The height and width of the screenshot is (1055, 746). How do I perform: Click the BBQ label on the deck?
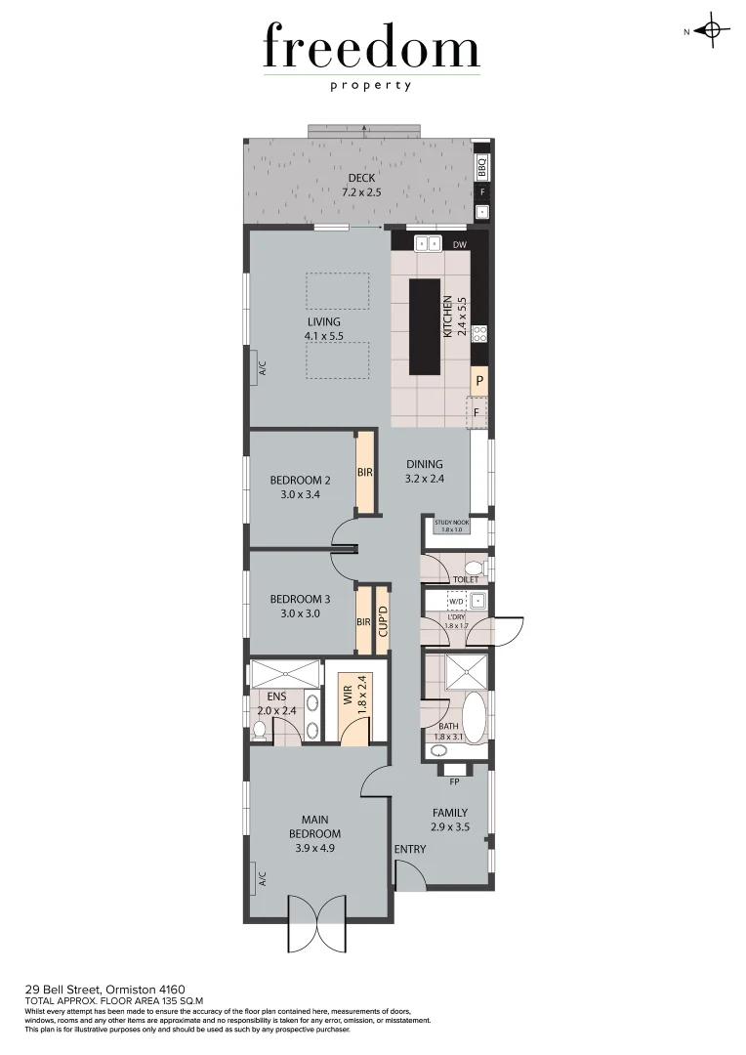click(481, 167)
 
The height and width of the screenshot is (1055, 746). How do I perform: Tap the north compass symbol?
click(711, 30)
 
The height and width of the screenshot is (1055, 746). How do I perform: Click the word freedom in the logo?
click(371, 49)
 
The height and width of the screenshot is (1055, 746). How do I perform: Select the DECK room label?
click(361, 178)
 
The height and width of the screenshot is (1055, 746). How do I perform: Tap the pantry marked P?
click(479, 381)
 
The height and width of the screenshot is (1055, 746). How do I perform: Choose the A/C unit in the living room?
click(262, 369)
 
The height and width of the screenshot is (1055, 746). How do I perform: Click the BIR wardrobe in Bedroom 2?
click(365, 473)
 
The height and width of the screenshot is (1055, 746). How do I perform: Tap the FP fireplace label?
click(454, 781)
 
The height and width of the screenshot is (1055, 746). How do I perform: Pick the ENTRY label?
click(410, 849)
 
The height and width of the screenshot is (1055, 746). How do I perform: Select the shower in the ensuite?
click(284, 674)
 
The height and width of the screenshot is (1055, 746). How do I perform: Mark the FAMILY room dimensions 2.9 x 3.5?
click(450, 827)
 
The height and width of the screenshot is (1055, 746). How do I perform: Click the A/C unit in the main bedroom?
click(262, 879)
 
